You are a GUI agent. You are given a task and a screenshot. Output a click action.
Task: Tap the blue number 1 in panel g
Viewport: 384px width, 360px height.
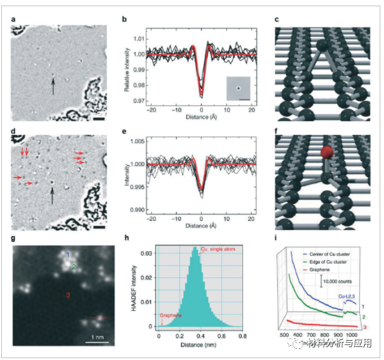68,254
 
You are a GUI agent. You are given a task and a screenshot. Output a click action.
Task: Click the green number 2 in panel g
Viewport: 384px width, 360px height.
73,267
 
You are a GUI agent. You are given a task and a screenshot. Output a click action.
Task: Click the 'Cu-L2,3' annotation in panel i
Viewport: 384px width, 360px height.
350,297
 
